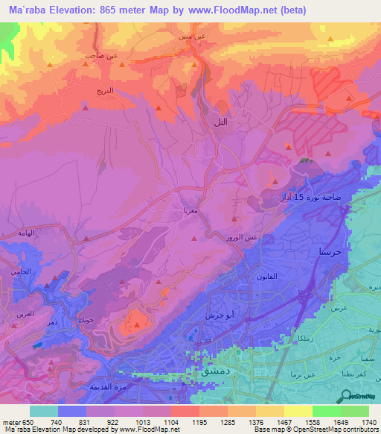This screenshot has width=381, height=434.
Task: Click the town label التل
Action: click(x=220, y=122)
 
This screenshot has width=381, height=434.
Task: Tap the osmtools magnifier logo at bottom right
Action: click(x=346, y=395)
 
